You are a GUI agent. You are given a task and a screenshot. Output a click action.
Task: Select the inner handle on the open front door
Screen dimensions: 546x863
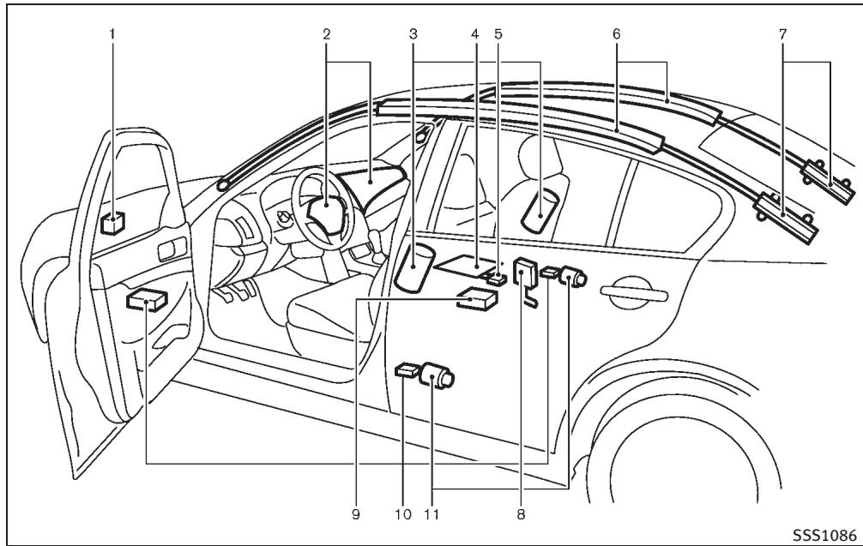[x=172, y=250]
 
